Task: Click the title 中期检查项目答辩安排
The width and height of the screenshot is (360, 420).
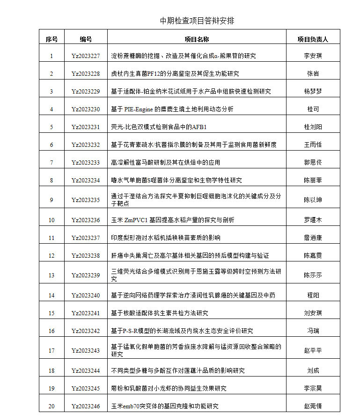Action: pos(197,21)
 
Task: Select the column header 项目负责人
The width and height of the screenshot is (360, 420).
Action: pos(313,39)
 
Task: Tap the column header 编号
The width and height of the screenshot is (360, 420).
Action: pos(86,39)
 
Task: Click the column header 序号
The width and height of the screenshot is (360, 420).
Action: pos(51,39)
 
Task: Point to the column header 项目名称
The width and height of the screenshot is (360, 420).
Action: pos(197,39)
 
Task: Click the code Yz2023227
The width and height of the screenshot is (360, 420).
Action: pos(86,56)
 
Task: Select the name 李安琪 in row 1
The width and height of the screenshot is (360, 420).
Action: pos(313,56)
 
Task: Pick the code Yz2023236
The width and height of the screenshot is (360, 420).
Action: pos(86,220)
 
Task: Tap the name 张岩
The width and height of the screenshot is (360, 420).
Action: pos(313,74)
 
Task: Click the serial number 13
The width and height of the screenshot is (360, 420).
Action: pos(51,275)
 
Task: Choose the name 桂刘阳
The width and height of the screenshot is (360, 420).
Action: pos(313,127)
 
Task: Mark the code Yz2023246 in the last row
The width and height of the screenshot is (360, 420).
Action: pos(86,406)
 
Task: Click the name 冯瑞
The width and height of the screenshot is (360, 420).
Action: pos(313,331)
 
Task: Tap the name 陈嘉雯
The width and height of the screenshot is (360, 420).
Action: pos(313,256)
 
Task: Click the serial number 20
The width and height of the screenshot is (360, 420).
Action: pos(51,406)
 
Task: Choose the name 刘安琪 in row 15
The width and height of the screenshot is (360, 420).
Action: pos(313,313)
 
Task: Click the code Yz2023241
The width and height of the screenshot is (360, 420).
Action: pos(86,313)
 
